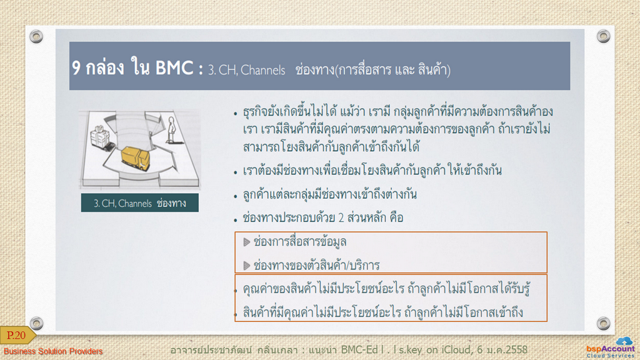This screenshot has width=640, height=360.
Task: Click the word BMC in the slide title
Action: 174,67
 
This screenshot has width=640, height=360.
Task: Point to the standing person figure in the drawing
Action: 172,130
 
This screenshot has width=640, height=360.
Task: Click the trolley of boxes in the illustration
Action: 101,138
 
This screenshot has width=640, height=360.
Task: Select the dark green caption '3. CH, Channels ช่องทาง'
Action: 140,203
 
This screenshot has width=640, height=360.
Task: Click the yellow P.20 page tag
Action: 17,335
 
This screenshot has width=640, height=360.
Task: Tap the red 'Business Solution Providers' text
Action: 53,351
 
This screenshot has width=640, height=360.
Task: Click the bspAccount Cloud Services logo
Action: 611,347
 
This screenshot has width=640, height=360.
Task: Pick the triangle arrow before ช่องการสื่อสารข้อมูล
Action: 246,242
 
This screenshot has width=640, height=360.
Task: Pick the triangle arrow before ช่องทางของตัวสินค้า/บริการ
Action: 246,266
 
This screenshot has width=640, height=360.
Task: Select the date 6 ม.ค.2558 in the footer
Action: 502,350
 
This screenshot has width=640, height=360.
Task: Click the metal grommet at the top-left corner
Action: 36,36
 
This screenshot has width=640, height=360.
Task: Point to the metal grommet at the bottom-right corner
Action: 603,323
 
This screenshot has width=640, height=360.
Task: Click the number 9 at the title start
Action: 76,67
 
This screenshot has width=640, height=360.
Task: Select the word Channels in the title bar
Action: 263,70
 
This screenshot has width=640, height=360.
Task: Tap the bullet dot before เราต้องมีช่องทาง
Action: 236,172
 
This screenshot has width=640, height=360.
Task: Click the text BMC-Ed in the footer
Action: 359,350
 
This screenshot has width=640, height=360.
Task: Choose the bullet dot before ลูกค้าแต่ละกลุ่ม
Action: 236,197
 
